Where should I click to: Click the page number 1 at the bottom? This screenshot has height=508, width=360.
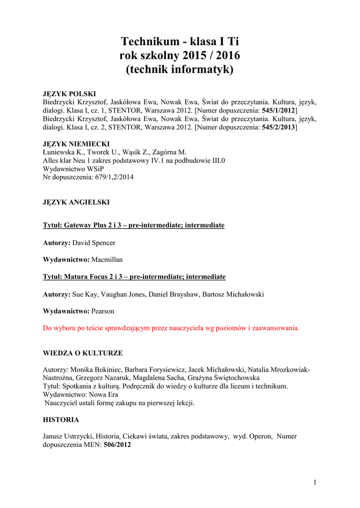[x=315, y=482]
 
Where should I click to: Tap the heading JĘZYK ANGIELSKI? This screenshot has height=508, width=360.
[x=76, y=202]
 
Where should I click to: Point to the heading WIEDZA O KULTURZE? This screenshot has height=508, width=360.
[x=83, y=353]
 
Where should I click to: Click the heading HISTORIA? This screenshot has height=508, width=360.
[x=61, y=420]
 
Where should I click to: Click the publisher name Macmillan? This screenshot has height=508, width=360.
[x=107, y=259]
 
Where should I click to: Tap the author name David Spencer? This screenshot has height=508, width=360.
[x=94, y=243]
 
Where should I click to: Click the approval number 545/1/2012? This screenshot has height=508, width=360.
[x=282, y=111]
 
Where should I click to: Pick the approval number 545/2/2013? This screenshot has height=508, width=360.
[x=282, y=127]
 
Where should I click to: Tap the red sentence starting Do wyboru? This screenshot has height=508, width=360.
[x=171, y=328]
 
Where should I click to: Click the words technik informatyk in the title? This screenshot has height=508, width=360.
[x=179, y=69]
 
